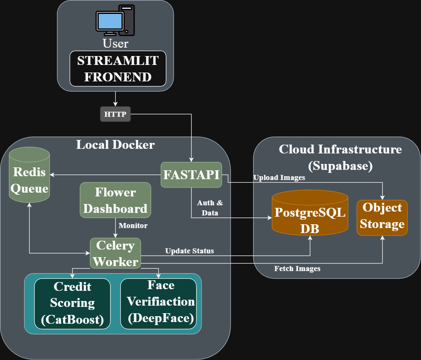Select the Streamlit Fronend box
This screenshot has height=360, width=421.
point(118,69)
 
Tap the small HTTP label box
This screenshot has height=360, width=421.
point(115,114)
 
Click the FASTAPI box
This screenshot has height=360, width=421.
point(192,175)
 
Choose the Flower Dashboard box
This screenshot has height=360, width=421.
point(115,200)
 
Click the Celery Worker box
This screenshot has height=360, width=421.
point(115,253)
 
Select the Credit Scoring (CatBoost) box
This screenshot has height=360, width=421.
point(72,303)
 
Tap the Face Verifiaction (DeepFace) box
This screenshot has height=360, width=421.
point(161,303)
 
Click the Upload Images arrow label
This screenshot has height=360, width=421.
point(279,178)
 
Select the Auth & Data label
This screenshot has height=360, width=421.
point(210,208)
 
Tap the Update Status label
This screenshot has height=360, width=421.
point(189,251)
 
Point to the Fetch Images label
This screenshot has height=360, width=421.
point(297,269)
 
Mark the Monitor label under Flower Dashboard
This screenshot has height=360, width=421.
point(133,226)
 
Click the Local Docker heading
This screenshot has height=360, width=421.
point(115,145)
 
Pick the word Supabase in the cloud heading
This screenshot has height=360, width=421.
point(340,166)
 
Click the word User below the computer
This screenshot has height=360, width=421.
point(115,43)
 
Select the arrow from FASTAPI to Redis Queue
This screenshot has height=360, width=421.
point(105,175)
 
